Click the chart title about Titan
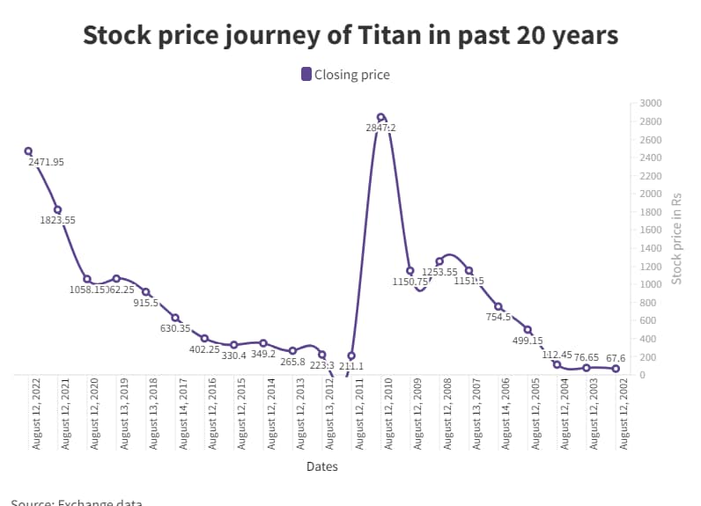tap(350, 36)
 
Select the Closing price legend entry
tap(345, 75)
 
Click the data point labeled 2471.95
tap(28, 151)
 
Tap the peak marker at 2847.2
tap(380, 117)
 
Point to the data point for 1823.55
tap(57, 209)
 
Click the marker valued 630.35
tap(175, 318)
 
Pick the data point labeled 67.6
tap(616, 369)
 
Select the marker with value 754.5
tap(498, 306)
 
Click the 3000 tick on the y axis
tap(650, 103)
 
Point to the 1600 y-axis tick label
tap(650, 230)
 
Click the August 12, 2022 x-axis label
tap(36, 414)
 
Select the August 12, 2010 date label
tap(388, 414)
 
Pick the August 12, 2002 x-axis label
tap(624, 414)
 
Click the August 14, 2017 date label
tap(183, 414)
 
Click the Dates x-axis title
tap(321, 467)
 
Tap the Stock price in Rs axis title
tap(677, 238)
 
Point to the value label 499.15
tap(528, 341)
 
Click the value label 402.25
tap(204, 349)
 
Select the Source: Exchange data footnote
tap(77, 502)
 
